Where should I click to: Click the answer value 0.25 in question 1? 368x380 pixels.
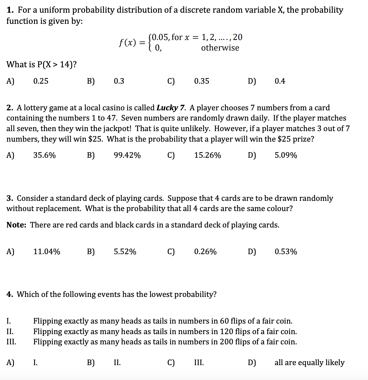click(x=41, y=81)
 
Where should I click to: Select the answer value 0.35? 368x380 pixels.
click(x=202, y=81)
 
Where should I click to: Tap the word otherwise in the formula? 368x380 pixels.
click(x=220, y=48)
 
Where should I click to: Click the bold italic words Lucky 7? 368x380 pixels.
click(x=171, y=108)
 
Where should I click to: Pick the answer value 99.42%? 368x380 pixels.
click(x=127, y=155)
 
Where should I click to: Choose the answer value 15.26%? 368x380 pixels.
click(x=208, y=155)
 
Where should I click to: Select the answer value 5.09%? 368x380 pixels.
click(x=286, y=155)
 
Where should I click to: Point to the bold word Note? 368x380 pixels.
click(x=16, y=225)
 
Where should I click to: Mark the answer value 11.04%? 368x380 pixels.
click(x=47, y=252)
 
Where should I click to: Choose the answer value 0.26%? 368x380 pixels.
click(x=205, y=252)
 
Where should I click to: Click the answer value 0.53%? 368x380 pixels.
click(x=286, y=252)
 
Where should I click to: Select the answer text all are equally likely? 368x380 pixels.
click(x=309, y=363)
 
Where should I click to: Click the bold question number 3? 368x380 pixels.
click(x=10, y=198)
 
